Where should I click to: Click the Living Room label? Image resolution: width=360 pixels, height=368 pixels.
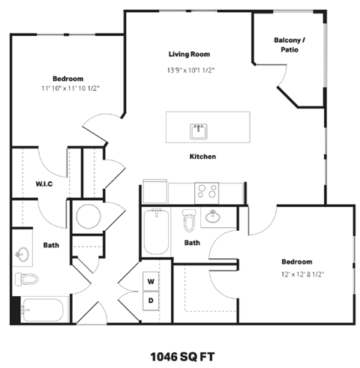188,54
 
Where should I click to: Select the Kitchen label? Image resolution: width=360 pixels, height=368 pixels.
202,157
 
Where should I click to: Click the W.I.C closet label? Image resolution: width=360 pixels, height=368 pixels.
43,184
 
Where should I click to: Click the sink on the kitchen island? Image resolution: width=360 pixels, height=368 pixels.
199,131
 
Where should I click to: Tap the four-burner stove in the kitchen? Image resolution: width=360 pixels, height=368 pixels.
207,191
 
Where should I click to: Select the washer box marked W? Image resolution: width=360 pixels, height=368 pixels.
151,282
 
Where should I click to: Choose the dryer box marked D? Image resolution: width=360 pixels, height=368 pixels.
151,301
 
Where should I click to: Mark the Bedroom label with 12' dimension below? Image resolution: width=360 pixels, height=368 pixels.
296,261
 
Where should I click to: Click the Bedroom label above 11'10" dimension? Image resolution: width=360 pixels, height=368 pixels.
67,78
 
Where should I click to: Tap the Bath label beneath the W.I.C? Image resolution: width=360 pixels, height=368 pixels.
51,245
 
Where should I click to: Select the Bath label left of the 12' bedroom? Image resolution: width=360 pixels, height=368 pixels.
193,242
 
